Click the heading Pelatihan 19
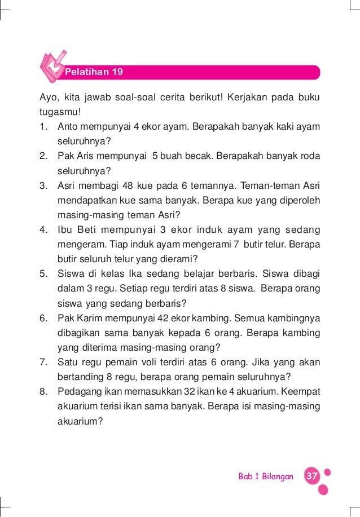point(94,72)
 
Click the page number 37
point(311,476)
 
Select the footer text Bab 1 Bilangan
point(266,477)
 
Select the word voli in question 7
point(170,362)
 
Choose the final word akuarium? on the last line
point(80,420)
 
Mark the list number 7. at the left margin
point(43,362)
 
